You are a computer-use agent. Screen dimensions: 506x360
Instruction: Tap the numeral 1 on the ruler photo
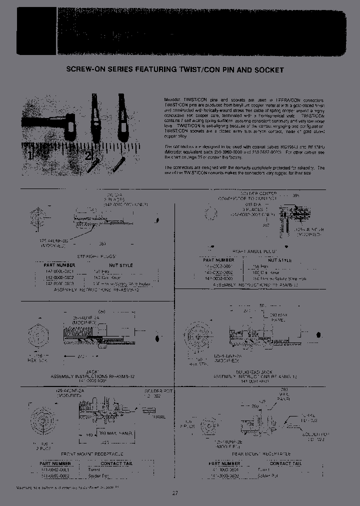(30, 155)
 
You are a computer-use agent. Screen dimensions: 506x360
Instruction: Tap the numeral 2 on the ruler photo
(89, 155)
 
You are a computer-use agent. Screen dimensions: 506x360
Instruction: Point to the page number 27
(175, 493)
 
